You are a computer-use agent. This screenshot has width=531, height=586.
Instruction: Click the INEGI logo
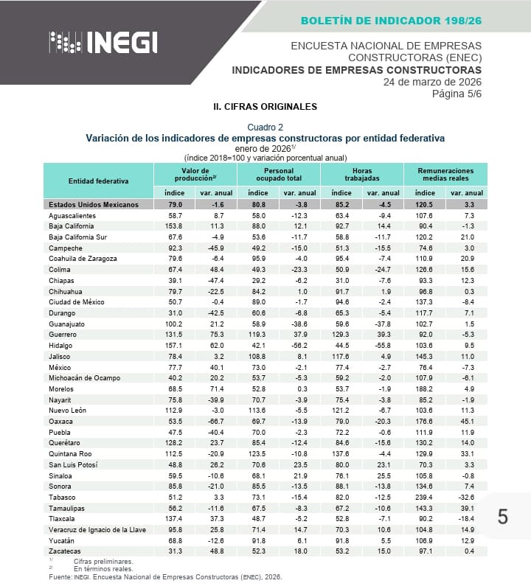[103, 42]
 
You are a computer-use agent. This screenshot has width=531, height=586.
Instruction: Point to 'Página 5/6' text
[457, 94]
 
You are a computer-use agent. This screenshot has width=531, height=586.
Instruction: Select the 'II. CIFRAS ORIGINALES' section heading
[265, 107]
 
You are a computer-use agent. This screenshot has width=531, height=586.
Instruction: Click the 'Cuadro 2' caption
[265, 128]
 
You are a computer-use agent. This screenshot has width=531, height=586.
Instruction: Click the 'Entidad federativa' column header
[98, 181]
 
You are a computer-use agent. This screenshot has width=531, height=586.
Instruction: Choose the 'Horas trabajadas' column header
[361, 175]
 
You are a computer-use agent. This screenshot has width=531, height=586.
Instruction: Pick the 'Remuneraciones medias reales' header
[445, 175]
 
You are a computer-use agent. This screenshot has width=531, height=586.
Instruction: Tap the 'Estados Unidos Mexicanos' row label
[93, 204]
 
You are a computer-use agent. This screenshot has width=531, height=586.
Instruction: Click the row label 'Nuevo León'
[68, 411]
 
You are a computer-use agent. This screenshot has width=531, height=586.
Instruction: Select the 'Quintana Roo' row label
[71, 454]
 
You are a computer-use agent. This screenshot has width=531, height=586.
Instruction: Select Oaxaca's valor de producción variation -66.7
[217, 422]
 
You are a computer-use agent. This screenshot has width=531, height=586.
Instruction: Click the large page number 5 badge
[503, 517]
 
